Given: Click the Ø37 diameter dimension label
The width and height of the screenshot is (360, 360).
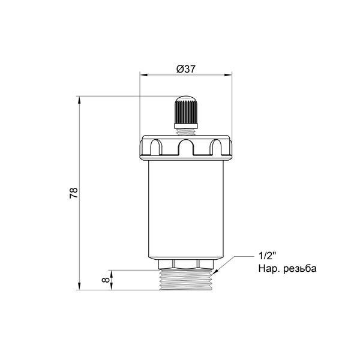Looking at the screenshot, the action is pyautogui.click(x=186, y=69).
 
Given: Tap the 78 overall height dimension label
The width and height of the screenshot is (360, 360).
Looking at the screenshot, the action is pyautogui.click(x=74, y=193).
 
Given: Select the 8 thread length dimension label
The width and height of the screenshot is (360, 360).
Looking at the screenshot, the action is pyautogui.click(x=106, y=280).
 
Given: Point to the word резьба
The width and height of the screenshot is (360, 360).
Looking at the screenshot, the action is pyautogui.click(x=300, y=268).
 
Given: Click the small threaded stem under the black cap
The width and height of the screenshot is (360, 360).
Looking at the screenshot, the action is pyautogui.click(x=186, y=132).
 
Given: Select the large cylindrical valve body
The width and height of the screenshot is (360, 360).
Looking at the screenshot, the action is pyautogui.click(x=186, y=209).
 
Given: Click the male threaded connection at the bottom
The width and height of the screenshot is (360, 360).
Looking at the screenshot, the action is pyautogui.click(x=186, y=280).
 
